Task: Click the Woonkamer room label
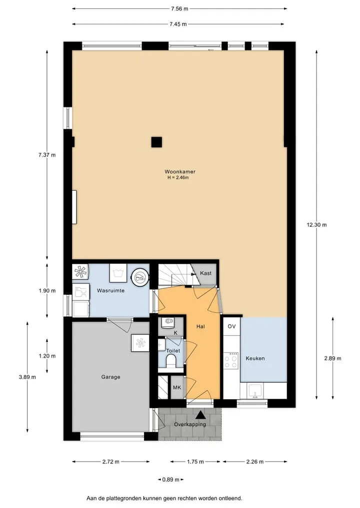click(179, 172)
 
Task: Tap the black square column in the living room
click(156, 142)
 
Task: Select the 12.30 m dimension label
click(316, 224)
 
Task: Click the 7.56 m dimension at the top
click(179, 9)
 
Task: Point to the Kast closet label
click(205, 273)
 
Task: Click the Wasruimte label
click(110, 291)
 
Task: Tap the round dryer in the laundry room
click(140, 277)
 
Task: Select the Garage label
click(110, 377)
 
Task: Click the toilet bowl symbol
click(170, 361)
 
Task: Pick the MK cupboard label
click(177, 388)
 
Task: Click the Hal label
click(200, 327)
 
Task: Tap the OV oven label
click(231, 326)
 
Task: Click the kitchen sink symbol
click(254, 391)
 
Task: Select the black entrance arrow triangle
click(200, 415)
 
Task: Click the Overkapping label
click(189, 425)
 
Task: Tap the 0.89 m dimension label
click(170, 480)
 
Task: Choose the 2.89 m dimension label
click(333, 358)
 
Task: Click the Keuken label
click(255, 358)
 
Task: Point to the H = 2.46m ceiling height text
click(178, 177)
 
